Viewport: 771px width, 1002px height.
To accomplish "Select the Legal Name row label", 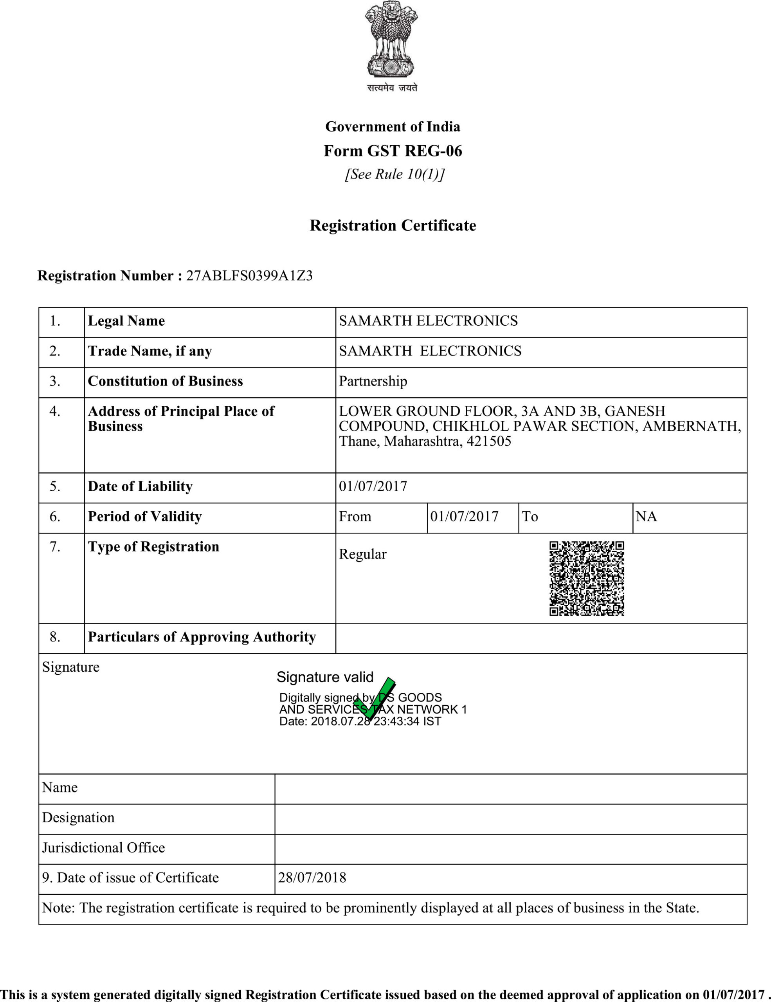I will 126,321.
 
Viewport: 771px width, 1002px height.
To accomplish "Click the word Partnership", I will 373,381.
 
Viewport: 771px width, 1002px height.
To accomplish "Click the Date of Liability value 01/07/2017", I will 373,486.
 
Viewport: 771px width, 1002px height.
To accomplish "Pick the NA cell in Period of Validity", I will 646,516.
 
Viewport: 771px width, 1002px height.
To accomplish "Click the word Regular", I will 362,554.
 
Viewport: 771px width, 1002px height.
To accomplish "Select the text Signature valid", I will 325,677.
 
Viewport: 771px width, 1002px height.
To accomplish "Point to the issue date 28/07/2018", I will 312,877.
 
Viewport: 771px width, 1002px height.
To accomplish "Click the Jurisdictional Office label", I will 103,847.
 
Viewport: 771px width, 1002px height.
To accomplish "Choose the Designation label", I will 78,817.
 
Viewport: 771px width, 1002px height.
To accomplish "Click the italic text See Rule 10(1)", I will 395,174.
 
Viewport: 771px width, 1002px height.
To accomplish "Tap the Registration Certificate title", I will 393,225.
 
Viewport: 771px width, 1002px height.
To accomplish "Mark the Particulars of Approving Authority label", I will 202,637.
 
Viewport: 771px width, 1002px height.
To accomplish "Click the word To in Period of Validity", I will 530,516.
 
